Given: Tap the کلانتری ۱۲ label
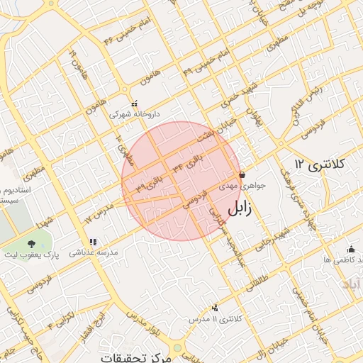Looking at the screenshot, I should point(320,164).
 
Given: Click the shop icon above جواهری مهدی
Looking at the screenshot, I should point(242,174).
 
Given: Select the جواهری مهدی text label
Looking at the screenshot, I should point(241,185).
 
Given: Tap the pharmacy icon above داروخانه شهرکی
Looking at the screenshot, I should point(134,104).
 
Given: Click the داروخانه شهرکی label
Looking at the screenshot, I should point(134,113).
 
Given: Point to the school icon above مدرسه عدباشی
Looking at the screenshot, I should point(94,242).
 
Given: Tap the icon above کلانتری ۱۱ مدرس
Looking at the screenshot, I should point(216,308).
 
